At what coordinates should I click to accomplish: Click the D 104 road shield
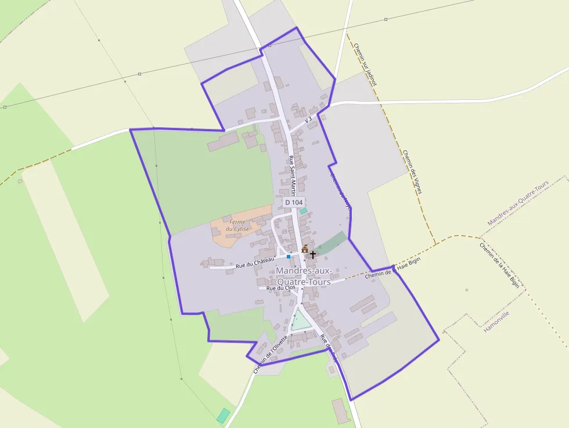294,202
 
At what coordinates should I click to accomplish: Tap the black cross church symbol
313,254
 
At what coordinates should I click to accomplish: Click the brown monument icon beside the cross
305,249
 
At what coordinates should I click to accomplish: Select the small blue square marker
288,256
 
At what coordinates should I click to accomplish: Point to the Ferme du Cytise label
237,225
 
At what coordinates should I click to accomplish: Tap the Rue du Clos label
280,288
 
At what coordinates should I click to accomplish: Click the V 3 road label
308,119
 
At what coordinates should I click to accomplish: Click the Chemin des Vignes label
412,171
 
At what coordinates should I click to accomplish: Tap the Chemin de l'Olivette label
271,354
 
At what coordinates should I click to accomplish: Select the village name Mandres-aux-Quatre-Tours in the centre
304,276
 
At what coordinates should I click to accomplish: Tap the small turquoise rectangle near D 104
303,211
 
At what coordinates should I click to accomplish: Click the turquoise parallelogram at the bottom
224,415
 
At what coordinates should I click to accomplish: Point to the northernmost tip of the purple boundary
297,27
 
